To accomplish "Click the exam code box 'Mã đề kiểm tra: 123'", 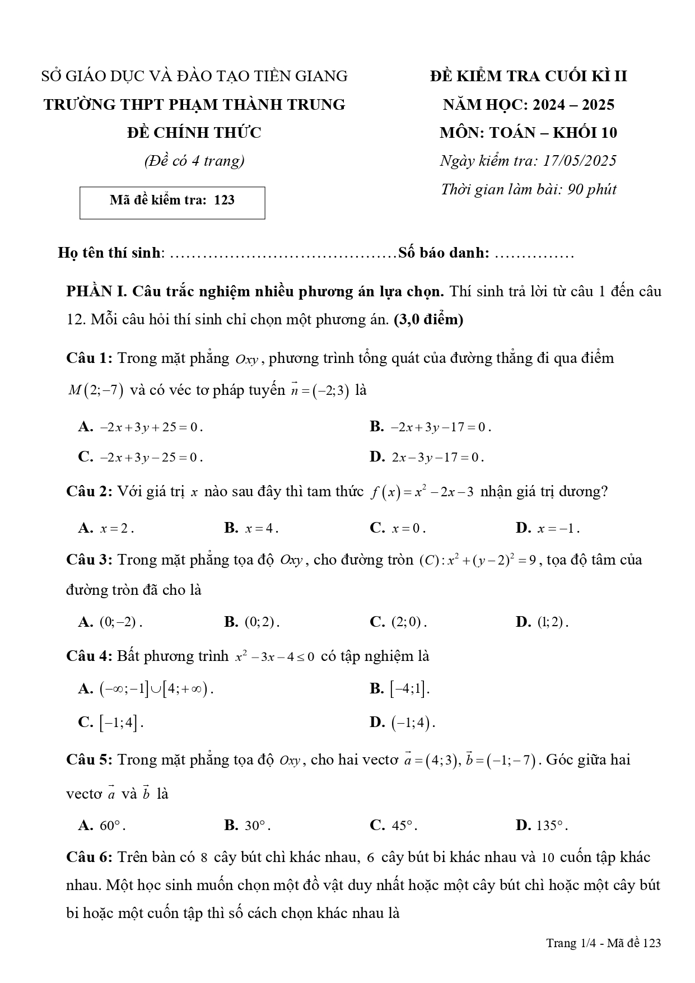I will tap(172, 202).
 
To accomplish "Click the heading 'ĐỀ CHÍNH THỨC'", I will tap(194, 133).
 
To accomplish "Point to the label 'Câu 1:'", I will tap(90, 358).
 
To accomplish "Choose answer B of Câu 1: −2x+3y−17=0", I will tap(431, 427).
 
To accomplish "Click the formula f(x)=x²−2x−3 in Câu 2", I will tap(423, 492).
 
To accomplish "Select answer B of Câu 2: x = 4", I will tap(251, 528).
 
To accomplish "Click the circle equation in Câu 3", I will tap(479, 560).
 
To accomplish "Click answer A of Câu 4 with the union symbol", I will tap(146, 690).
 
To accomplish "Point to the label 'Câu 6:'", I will tap(90, 858).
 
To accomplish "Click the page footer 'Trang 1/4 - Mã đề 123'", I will tap(603, 943).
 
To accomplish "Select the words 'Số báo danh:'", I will tap(444, 253).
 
